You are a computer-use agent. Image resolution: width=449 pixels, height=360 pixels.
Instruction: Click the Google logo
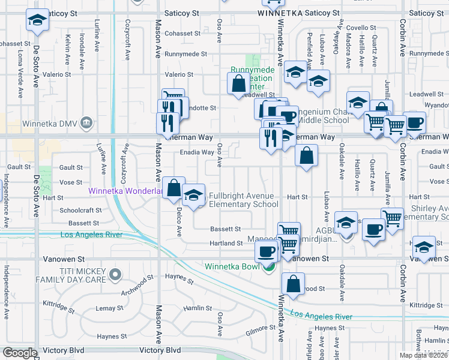click(x=19, y=353)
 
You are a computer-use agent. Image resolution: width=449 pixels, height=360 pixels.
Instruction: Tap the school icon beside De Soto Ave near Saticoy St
click(x=37, y=22)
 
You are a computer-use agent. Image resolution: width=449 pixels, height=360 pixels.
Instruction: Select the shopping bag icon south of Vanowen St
click(x=293, y=284)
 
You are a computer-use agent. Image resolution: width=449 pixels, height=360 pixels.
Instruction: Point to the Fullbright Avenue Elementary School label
click(x=243, y=200)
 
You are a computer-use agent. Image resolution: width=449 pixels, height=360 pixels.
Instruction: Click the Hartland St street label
click(x=226, y=243)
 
